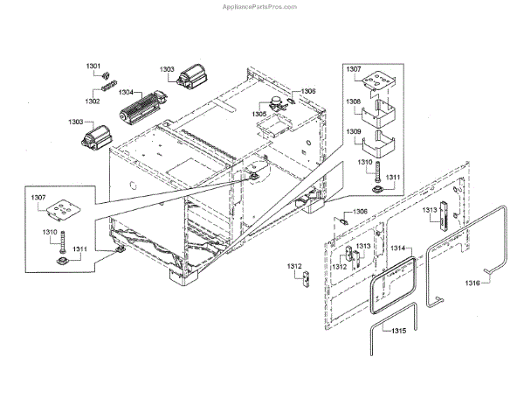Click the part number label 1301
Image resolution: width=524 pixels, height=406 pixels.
tap(93, 66)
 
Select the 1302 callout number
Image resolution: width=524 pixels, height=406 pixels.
tap(93, 101)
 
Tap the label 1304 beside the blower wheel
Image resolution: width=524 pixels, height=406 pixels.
tap(126, 92)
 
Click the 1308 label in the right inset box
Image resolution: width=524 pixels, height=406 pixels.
tap(354, 101)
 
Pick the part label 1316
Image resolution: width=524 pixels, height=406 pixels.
tap(472, 283)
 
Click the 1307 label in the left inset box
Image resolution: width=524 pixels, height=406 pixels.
tap(38, 199)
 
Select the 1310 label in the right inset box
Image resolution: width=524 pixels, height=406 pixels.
tap(364, 163)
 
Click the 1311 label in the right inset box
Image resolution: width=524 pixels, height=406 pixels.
tap(393, 178)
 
